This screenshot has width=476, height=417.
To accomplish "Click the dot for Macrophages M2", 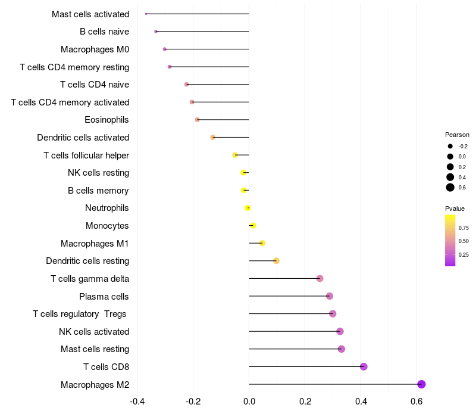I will click(421, 384).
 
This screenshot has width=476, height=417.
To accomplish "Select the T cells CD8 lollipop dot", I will click(364, 366).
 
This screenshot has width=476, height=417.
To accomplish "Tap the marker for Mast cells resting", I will click(342, 349).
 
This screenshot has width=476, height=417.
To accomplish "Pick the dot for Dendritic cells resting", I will click(276, 261).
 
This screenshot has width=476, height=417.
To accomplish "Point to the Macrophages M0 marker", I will click(165, 49).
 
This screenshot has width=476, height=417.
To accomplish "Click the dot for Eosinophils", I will click(198, 120).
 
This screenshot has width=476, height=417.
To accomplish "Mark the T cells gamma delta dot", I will click(320, 278).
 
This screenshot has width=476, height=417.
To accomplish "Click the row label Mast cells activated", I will click(90, 14).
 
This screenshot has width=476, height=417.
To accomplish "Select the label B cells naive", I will click(104, 32).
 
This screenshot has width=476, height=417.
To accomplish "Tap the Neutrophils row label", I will click(107, 208).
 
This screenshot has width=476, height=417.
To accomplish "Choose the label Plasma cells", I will click(104, 296).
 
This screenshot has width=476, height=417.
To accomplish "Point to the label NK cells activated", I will click(94, 331).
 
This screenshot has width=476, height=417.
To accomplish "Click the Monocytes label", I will click(107, 226).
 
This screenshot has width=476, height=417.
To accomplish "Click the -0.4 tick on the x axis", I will click(137, 401).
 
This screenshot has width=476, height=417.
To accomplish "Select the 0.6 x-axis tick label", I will click(416, 401).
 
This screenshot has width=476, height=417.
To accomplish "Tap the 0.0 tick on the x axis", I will click(249, 401).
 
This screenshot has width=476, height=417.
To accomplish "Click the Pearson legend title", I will click(457, 135).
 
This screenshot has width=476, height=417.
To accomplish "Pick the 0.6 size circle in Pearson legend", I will click(450, 188).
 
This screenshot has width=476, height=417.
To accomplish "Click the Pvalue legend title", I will click(455, 208).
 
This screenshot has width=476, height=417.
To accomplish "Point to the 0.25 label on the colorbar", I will click(464, 255).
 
